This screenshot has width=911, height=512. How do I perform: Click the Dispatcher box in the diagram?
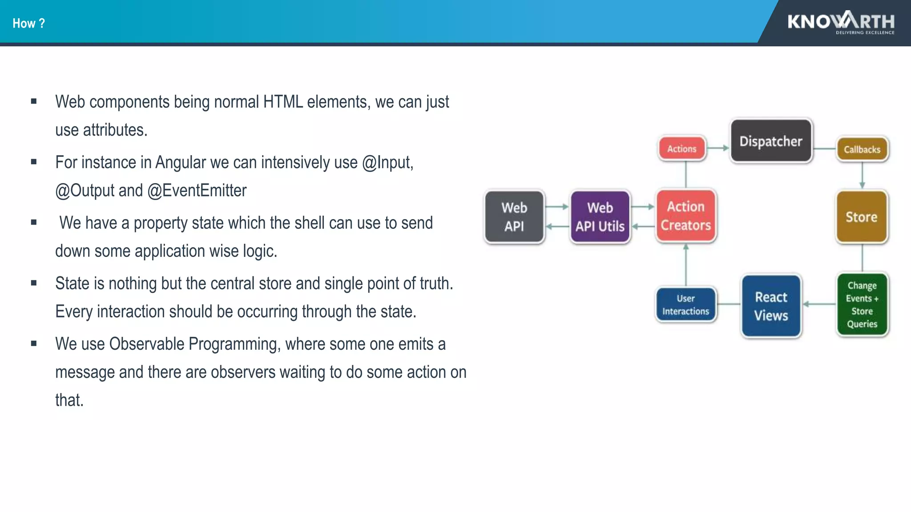[x=771, y=141]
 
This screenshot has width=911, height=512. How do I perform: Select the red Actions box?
[x=681, y=149]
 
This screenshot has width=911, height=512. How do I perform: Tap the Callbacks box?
[x=862, y=149]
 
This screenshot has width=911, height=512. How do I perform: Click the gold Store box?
[x=862, y=217]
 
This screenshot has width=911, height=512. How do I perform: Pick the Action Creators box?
[x=685, y=216]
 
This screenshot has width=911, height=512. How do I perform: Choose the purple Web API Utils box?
[x=600, y=217]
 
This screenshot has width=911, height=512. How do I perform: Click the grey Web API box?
[x=514, y=217]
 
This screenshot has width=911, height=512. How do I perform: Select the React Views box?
[x=771, y=306]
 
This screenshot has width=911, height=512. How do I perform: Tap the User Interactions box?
[x=685, y=305]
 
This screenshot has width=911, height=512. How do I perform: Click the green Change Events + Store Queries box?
[x=862, y=304]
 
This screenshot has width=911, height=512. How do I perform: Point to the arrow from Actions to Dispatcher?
[x=718, y=148]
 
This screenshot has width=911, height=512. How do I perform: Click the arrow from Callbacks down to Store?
[x=862, y=175]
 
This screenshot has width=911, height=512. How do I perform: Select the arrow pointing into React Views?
[x=818, y=304]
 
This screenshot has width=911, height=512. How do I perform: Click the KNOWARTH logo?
[x=841, y=22]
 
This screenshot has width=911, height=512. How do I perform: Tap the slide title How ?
[x=28, y=23]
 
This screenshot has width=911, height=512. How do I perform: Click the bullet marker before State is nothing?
[x=34, y=283]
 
